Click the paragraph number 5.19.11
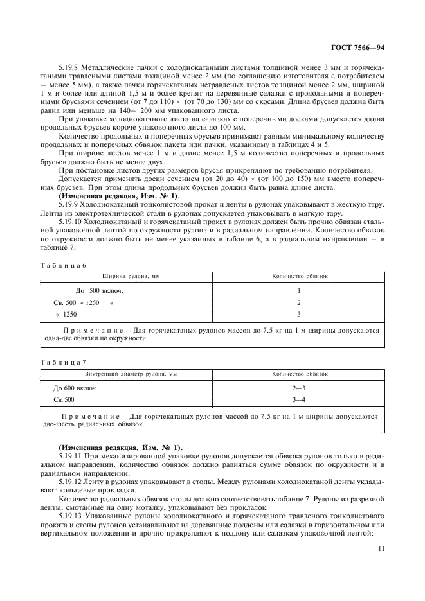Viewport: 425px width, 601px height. point(71,455)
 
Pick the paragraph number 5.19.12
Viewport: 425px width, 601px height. point(71,480)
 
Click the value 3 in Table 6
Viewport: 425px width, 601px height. point(298,314)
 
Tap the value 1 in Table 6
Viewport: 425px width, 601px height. point(298,290)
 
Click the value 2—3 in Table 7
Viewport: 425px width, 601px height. point(298,388)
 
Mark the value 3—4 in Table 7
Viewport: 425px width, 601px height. point(298,400)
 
